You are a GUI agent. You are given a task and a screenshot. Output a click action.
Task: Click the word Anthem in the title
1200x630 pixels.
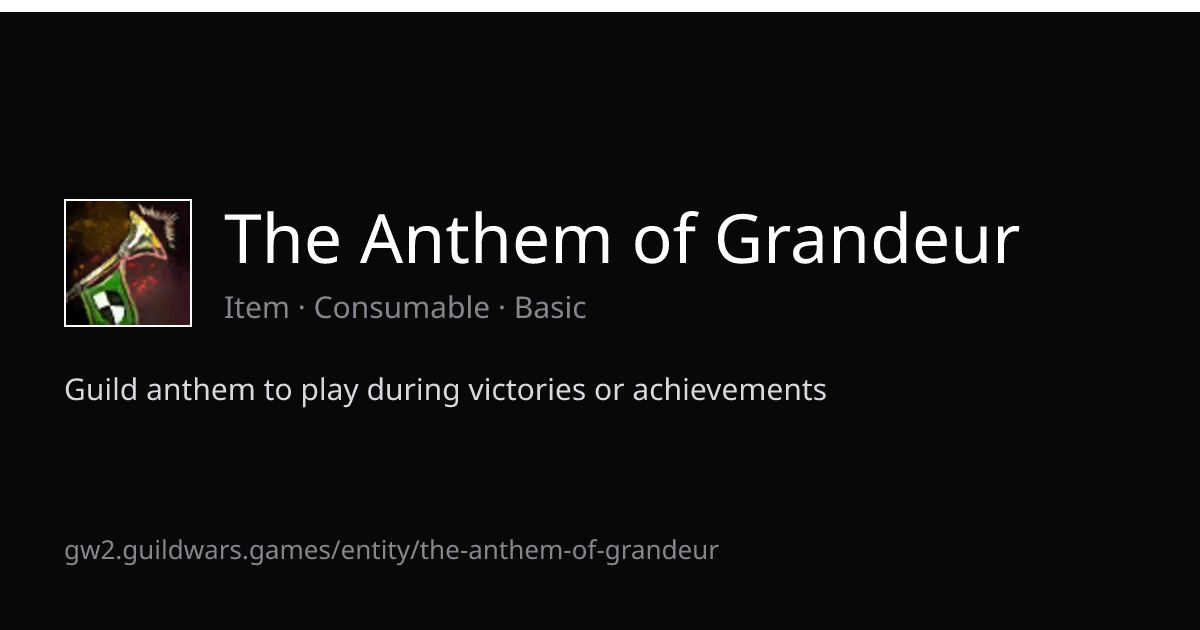pyautogui.click(x=486, y=238)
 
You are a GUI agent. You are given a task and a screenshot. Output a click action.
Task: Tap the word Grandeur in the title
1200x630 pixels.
pyautogui.click(x=868, y=238)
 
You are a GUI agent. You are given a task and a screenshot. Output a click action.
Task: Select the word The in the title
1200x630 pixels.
pyautogui.click(x=282, y=238)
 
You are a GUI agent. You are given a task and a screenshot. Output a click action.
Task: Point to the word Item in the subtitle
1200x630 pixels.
pyautogui.click(x=257, y=308)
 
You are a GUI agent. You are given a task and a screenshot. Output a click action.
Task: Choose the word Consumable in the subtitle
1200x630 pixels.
pyautogui.click(x=402, y=308)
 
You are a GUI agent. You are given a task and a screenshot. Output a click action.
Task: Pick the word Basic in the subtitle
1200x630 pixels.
pyautogui.click(x=550, y=308)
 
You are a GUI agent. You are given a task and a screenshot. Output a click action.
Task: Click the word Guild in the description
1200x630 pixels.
pyautogui.click(x=101, y=389)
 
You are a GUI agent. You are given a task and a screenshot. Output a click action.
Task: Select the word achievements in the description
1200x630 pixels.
pyautogui.click(x=730, y=389)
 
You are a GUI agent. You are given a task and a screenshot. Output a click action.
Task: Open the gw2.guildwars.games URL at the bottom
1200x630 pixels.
pyautogui.click(x=392, y=551)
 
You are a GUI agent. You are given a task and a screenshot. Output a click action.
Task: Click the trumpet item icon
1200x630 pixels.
pyautogui.click(x=128, y=262)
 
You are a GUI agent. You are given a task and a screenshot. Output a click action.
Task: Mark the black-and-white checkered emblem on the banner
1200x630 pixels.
pyautogui.click(x=110, y=305)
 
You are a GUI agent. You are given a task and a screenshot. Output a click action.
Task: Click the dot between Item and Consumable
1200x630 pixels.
pyautogui.click(x=302, y=308)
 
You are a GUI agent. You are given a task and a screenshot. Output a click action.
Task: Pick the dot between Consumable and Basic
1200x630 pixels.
pyautogui.click(x=502, y=308)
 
